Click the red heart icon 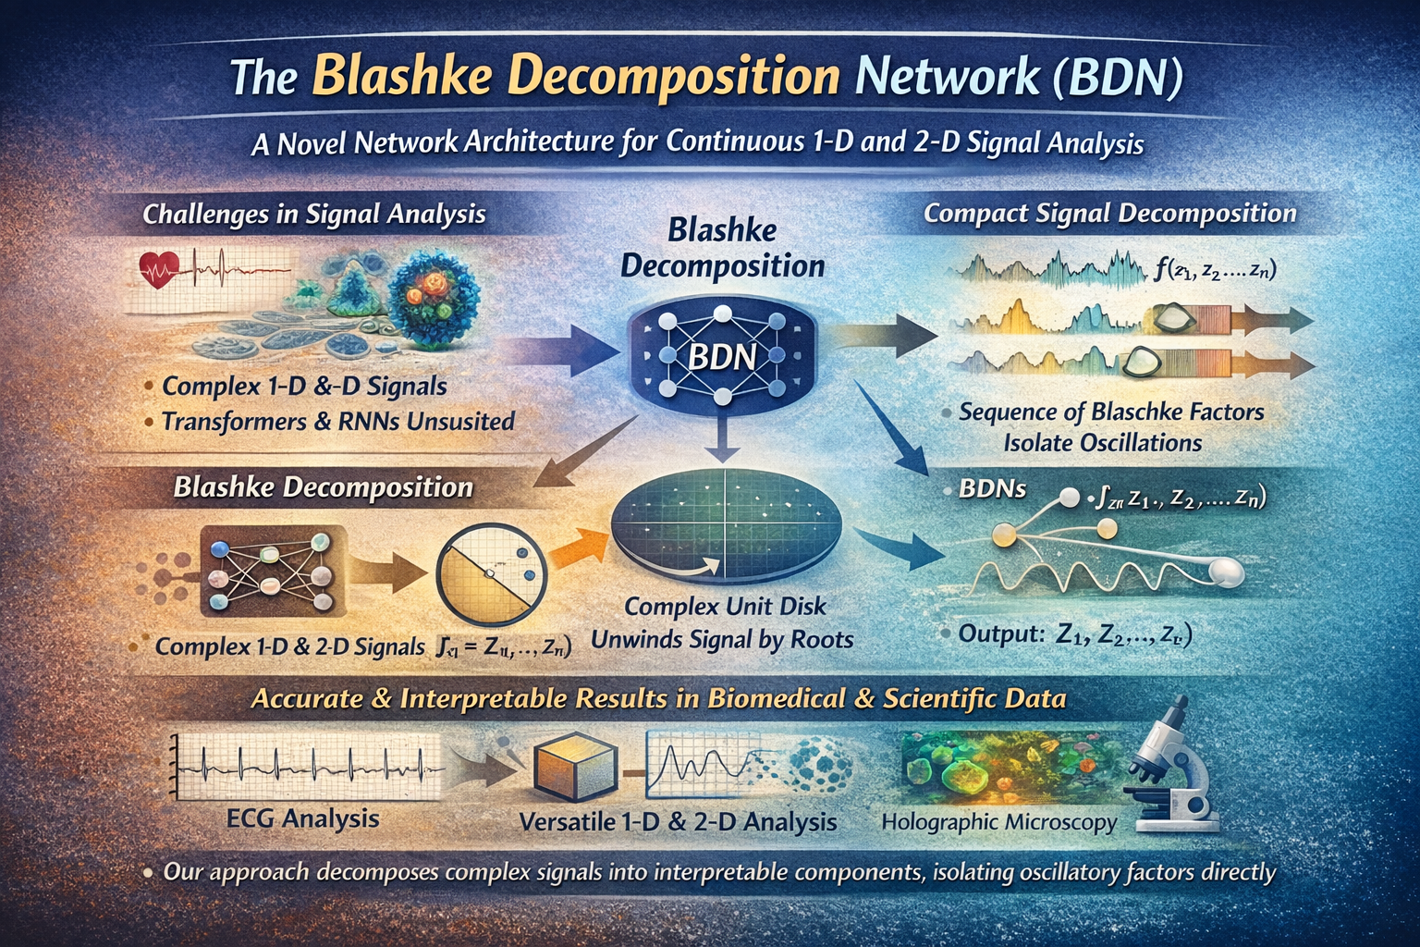(157, 270)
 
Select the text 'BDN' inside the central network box (722, 356)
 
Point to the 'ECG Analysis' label (302, 818)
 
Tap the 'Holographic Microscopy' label (999, 821)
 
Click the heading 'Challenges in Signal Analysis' (314, 215)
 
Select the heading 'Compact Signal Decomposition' (1109, 214)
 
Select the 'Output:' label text (1001, 634)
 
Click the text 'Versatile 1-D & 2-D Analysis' (678, 821)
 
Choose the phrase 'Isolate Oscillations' (1102, 443)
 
